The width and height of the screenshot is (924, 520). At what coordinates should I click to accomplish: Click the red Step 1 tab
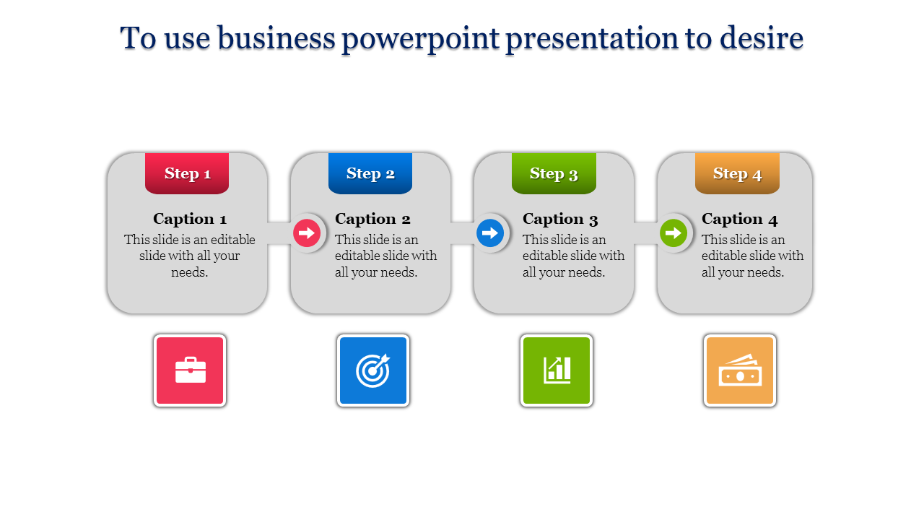coord(187,173)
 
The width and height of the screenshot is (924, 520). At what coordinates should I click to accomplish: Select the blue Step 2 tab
coord(370,173)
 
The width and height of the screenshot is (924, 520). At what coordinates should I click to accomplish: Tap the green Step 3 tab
coord(554,173)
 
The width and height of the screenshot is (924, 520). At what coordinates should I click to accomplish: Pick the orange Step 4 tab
coord(738,173)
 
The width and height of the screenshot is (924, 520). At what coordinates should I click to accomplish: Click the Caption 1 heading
coord(190,219)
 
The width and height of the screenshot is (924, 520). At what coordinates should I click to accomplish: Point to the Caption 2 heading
coord(372,219)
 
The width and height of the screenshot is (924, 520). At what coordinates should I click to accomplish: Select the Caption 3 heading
coord(560,219)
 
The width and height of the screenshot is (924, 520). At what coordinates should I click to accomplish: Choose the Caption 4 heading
coord(740,219)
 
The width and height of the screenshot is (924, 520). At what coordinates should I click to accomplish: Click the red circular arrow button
coord(307,233)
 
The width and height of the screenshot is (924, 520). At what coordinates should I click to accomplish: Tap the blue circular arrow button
coord(490,233)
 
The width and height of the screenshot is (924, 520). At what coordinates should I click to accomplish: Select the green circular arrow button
coord(674,233)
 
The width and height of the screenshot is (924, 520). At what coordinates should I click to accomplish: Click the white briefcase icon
coord(190,370)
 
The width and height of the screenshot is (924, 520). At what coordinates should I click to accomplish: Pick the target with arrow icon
coord(373,370)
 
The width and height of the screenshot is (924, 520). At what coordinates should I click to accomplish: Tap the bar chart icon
coord(557,370)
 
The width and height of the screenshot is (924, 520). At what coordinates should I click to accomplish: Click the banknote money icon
coord(740,370)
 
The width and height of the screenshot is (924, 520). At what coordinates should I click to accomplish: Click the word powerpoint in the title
coord(421,39)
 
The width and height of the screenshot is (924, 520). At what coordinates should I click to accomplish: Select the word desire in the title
coord(762,38)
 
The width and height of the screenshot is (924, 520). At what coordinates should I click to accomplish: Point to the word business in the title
coord(276,38)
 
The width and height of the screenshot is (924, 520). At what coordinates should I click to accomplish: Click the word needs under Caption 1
coord(189,272)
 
